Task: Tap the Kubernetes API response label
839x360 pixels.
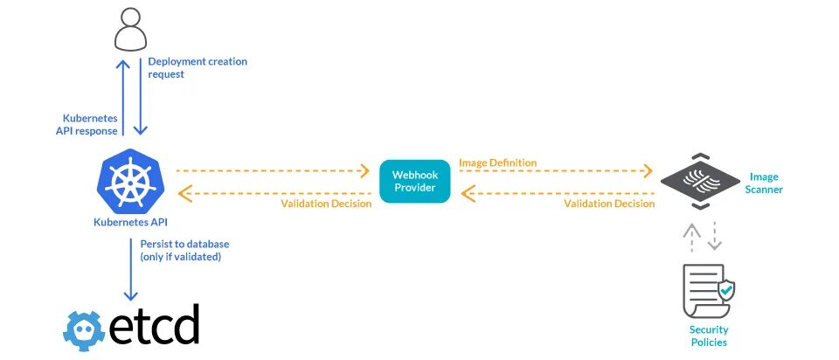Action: click(x=90, y=123)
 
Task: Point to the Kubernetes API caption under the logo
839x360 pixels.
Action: click(x=130, y=222)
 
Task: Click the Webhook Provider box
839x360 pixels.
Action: click(x=414, y=181)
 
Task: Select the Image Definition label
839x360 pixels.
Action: click(x=498, y=163)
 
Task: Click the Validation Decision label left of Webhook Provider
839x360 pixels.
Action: click(x=326, y=204)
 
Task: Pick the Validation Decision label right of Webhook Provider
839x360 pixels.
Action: click(x=609, y=204)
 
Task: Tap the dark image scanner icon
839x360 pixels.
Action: click(x=697, y=182)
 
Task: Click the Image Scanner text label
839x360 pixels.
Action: click(x=766, y=182)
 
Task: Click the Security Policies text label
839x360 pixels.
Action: click(x=708, y=336)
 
